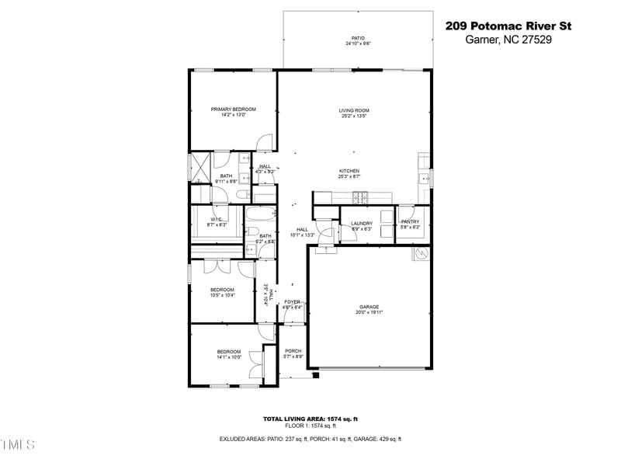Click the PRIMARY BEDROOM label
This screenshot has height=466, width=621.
click(x=233, y=109)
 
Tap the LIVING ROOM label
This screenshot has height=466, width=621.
click(x=353, y=110)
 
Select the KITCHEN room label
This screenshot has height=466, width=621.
click(x=349, y=171)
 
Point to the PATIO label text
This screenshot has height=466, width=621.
click(x=357, y=37)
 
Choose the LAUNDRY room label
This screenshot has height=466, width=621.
click(x=362, y=224)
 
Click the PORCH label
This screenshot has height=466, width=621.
click(x=293, y=351)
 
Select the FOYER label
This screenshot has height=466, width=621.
click(x=292, y=301)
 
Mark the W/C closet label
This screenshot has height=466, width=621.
click(x=216, y=220)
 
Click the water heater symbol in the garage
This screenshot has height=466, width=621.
click(x=418, y=253)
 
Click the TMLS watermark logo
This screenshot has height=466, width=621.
click(x=18, y=444)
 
